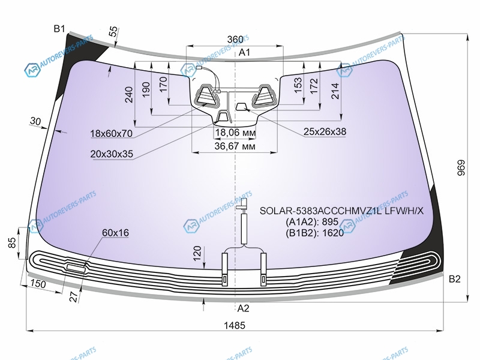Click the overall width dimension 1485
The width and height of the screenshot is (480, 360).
(x=235, y=325)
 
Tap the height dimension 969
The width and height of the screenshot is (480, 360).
(x=461, y=168)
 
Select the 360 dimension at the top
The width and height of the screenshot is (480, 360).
(x=235, y=40)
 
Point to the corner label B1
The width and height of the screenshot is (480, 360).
(x=59, y=29)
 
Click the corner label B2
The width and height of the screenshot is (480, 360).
(x=455, y=279)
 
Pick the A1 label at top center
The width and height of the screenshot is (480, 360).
(x=244, y=52)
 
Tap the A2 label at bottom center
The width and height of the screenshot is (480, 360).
(x=244, y=308)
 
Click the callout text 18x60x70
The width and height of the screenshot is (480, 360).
(x=112, y=133)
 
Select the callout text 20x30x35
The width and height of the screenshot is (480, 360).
(x=112, y=154)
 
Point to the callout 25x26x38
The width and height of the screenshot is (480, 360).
(x=325, y=131)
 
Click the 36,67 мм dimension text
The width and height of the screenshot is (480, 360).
(x=235, y=146)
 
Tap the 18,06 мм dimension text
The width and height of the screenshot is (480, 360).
(x=235, y=133)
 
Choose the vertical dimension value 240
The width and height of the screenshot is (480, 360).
(x=129, y=95)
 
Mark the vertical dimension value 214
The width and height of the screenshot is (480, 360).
(x=335, y=91)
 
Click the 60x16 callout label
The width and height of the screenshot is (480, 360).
(x=115, y=233)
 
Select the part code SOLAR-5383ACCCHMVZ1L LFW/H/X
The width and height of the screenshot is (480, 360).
(x=341, y=211)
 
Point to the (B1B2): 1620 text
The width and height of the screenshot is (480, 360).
(x=314, y=233)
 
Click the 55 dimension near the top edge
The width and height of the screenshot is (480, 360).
(x=113, y=32)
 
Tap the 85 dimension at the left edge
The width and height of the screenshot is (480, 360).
(x=11, y=243)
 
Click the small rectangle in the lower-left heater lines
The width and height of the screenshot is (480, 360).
(x=76, y=268)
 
